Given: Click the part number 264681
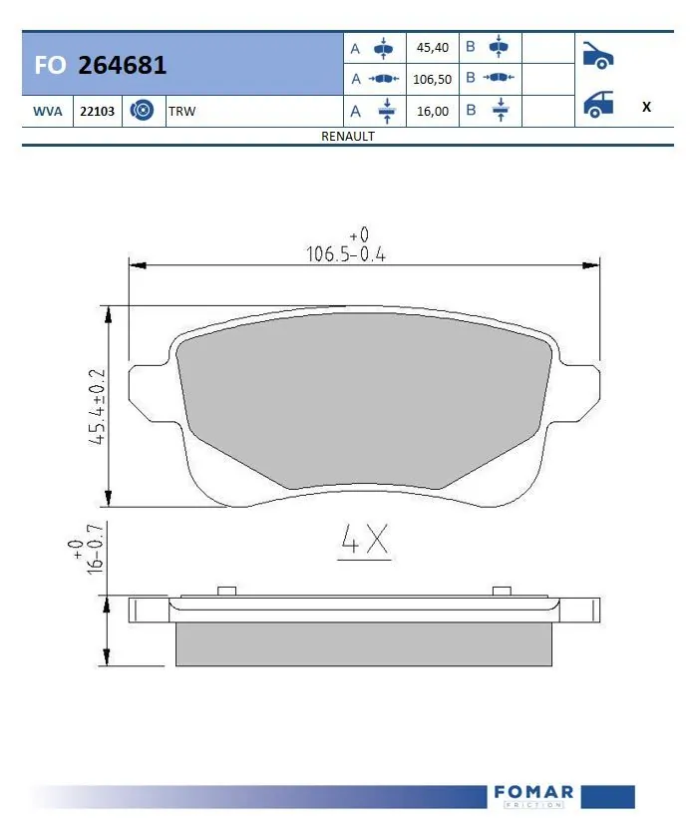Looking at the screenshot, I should point(123,66).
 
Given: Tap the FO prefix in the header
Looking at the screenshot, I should point(50,66).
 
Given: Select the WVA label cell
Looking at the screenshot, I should point(46,112).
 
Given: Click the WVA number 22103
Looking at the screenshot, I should point(97,112).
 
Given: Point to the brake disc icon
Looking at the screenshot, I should point(142,111).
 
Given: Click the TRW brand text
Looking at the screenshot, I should point(183,112).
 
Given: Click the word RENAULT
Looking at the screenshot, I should point(347,137).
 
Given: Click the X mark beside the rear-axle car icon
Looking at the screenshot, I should point(646,107).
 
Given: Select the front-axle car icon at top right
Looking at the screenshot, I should point(596,55).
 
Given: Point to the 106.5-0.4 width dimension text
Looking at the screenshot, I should point(345,253).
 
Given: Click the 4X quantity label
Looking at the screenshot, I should point(363,540).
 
